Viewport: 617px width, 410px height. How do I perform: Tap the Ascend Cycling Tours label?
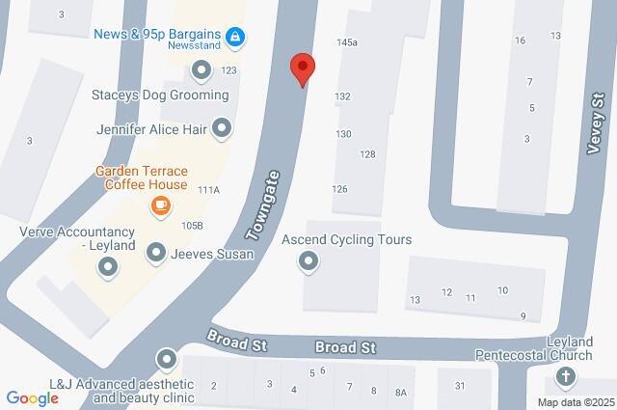coord(347,239)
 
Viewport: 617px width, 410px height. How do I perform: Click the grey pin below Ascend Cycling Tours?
coord(308,260)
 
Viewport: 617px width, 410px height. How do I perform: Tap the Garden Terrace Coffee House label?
coord(141,178)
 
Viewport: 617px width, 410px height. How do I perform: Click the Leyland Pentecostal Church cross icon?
coord(565,376)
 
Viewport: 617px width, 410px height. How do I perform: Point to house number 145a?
coord(347,42)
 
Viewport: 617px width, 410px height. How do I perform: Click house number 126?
coord(339,189)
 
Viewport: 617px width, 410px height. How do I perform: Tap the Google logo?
coord(32,397)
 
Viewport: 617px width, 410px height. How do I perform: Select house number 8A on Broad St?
coord(401,392)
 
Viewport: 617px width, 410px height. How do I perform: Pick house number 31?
coord(460,386)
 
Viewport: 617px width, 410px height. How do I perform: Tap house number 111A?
coord(209,190)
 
